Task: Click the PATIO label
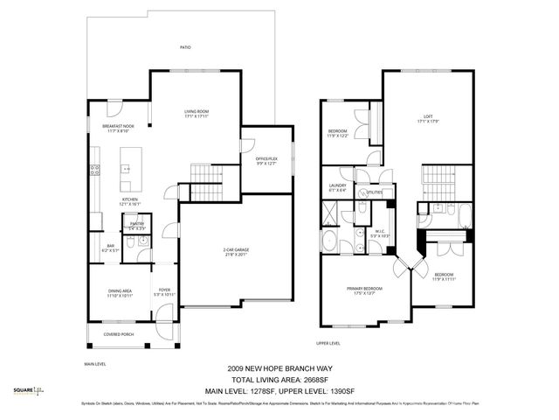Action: [x=185, y=47]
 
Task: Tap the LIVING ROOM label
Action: [x=196, y=113]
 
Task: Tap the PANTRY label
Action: [x=136, y=225]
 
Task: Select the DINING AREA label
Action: [x=119, y=293]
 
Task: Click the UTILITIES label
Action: [x=375, y=191]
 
